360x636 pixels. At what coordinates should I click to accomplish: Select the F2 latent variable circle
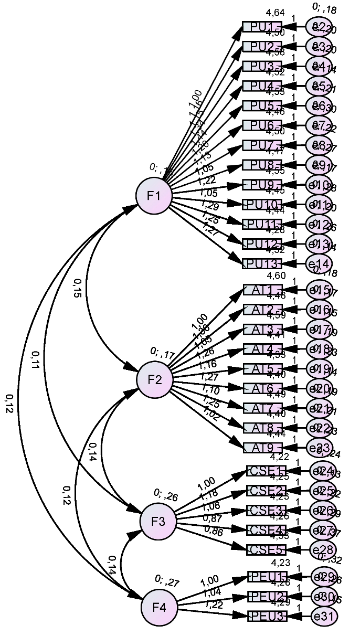tap(154, 380)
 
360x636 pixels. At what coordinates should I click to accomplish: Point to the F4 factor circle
tap(159, 607)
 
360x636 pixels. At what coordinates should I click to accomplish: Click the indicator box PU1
tap(262, 26)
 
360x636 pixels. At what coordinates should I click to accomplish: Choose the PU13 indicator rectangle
tap(262, 263)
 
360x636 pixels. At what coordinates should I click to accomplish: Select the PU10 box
tap(262, 204)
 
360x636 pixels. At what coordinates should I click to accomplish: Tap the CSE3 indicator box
tap(267, 510)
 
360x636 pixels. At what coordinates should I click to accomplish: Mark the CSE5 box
tap(267, 550)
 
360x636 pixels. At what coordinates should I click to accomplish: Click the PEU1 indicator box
tap(267, 577)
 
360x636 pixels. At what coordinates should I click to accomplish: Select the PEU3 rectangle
tap(267, 616)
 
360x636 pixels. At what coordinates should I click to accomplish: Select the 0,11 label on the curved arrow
tap(35, 359)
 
